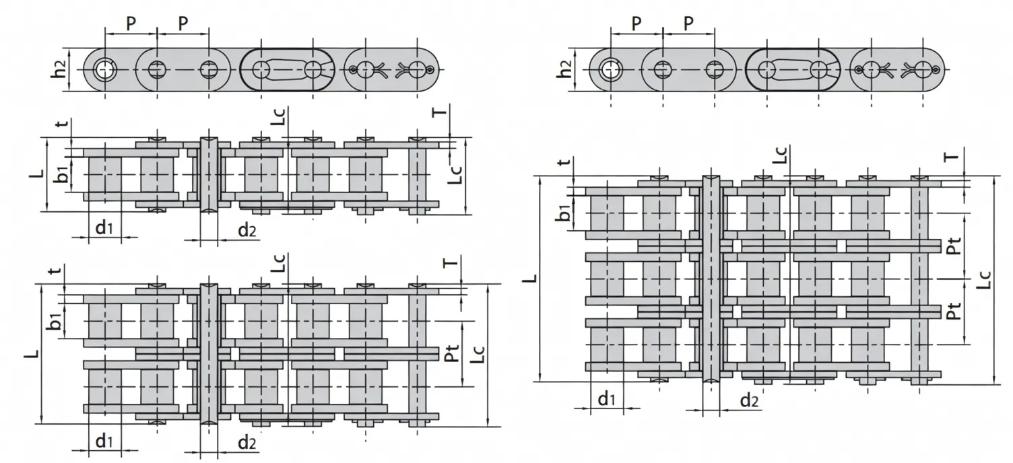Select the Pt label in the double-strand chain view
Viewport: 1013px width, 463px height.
coord(452,354)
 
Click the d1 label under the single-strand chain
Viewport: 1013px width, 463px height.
coord(103,228)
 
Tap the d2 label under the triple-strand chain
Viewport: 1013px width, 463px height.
coord(749,400)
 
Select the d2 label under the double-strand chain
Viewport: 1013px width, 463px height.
coord(247,442)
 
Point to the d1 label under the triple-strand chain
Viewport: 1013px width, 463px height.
coord(607,399)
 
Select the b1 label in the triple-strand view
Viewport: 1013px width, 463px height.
coord(564,213)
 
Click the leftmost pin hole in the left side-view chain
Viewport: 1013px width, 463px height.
coord(104,69)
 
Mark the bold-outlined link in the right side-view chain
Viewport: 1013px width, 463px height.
coord(793,69)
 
